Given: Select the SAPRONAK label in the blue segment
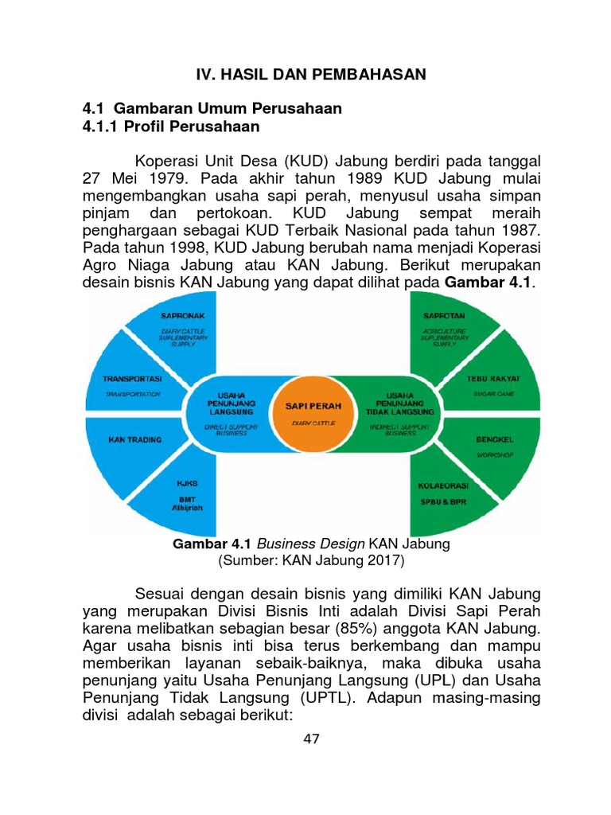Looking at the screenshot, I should click(x=183, y=315).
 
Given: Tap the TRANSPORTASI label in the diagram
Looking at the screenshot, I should click(x=133, y=378).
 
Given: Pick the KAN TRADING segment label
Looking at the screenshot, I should click(x=134, y=439).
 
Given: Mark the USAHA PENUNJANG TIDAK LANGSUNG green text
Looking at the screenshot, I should click(x=399, y=403).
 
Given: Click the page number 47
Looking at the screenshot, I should click(x=312, y=739).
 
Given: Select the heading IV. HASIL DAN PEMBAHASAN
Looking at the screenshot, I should click(x=312, y=74).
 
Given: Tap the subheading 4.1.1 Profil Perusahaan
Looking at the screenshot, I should click(x=171, y=127).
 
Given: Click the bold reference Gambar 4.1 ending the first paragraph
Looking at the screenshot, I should click(x=487, y=283).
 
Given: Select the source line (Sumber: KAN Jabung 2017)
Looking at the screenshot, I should click(x=312, y=561).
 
